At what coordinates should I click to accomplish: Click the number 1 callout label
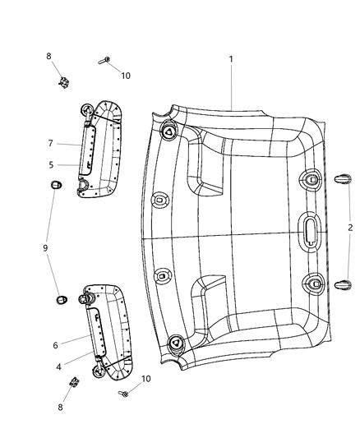(231, 59)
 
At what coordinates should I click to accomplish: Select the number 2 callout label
(350, 228)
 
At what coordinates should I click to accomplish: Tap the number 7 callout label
(50, 142)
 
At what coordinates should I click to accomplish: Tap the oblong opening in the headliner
(312, 230)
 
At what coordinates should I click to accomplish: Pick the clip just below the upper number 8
(64, 81)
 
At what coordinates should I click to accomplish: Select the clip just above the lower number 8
(74, 383)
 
